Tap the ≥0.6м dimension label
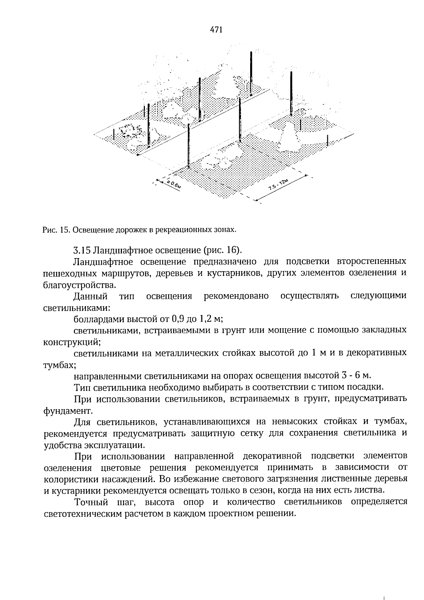coord(173,185)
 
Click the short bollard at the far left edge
coord(114,135)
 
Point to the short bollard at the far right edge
coord(328,140)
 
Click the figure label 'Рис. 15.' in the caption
coord(54,230)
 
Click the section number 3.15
coord(82,250)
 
